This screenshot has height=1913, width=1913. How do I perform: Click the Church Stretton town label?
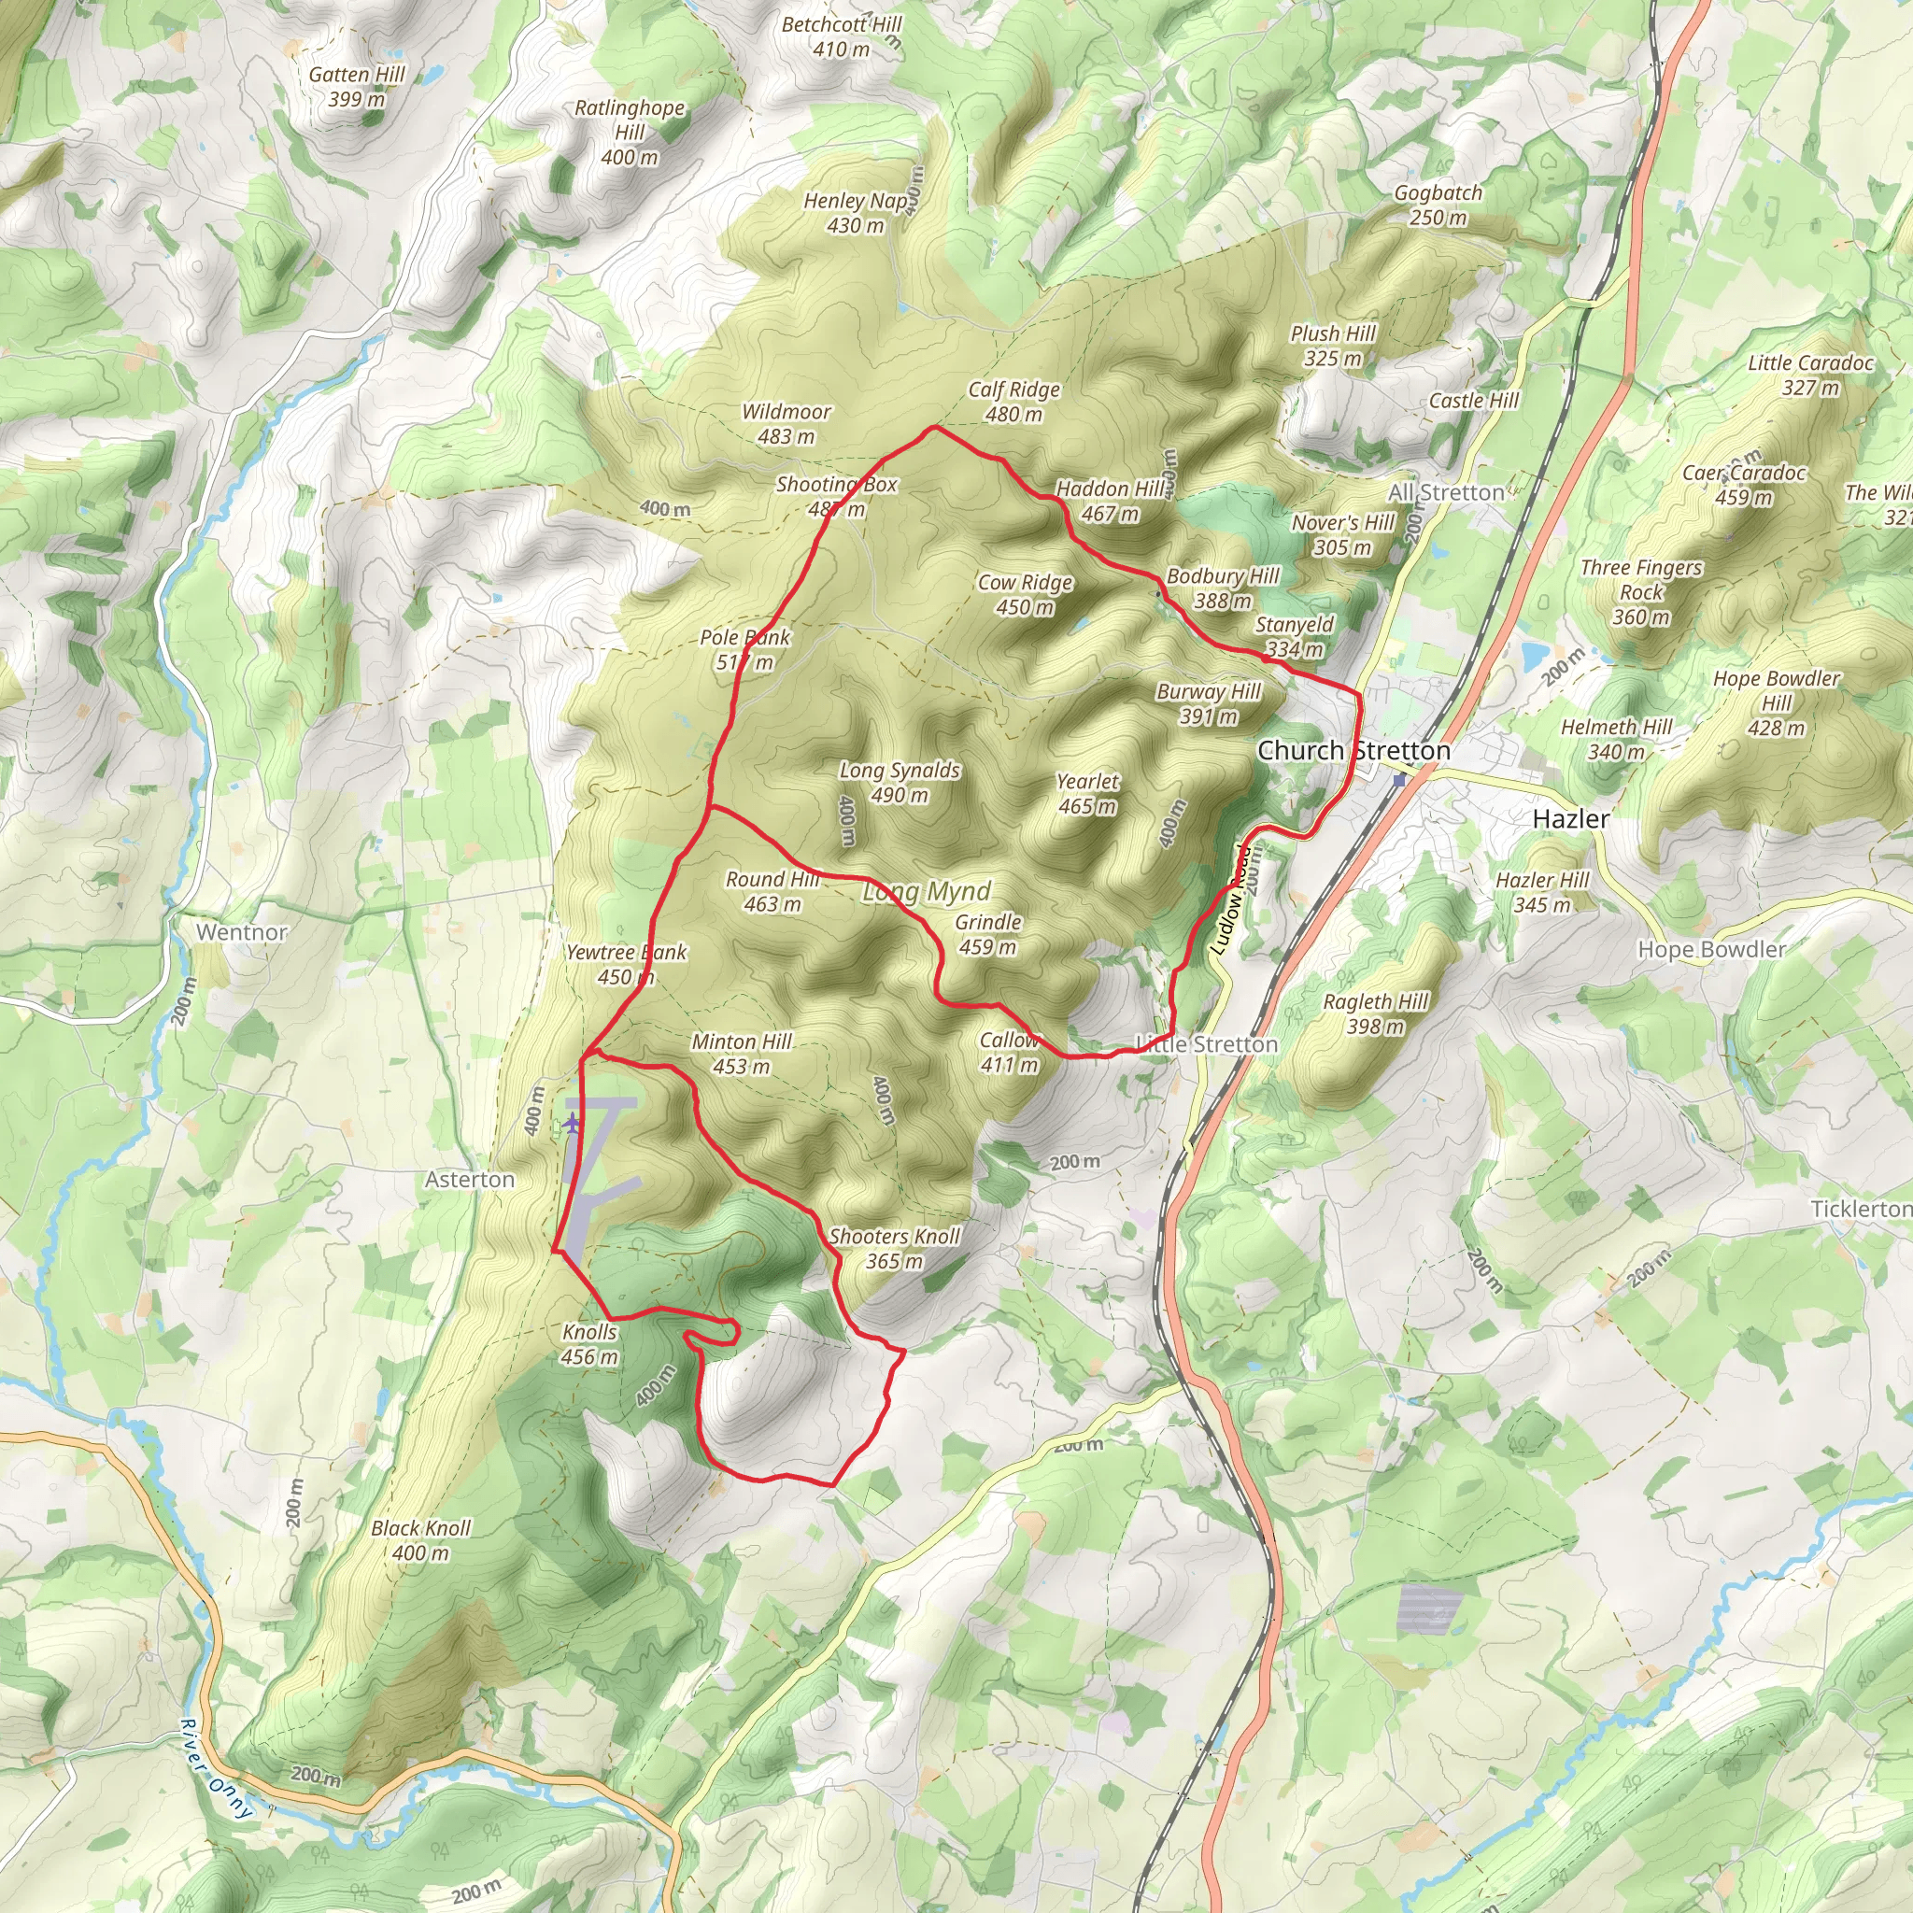point(1353,751)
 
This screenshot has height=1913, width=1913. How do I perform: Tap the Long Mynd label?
point(927,892)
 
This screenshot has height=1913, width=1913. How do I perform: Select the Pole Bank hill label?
point(744,649)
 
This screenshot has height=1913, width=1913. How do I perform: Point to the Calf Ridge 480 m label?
point(1013,402)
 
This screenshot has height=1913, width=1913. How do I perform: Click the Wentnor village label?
point(242,931)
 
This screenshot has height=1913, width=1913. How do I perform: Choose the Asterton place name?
point(469,1180)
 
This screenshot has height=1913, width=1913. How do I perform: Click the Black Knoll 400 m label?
point(421,1539)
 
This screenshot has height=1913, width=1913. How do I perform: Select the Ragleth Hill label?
point(1375,1013)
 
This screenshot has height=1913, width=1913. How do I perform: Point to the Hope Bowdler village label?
point(1711,949)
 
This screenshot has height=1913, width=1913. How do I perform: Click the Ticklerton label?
point(1861,1209)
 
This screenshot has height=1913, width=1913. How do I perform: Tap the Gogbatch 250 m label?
point(1438,205)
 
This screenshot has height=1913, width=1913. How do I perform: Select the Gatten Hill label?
point(357,86)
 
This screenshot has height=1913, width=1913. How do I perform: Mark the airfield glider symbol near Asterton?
point(573,1123)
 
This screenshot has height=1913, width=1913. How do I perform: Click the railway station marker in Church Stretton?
point(1398,780)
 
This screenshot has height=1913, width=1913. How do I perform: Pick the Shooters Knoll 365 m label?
point(894,1248)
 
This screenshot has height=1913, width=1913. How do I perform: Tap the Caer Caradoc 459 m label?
point(1744,484)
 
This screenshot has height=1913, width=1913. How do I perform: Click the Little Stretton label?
point(1206,1043)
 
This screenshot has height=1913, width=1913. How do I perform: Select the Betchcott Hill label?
point(842,36)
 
